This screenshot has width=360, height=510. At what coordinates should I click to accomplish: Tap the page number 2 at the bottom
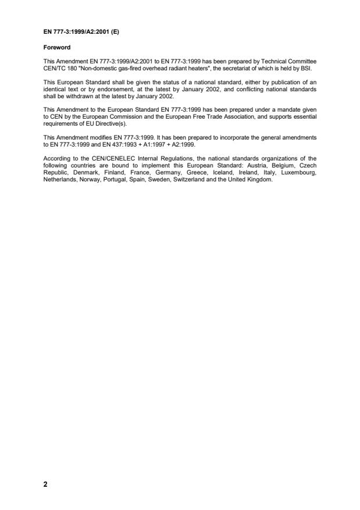click(x=45, y=487)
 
